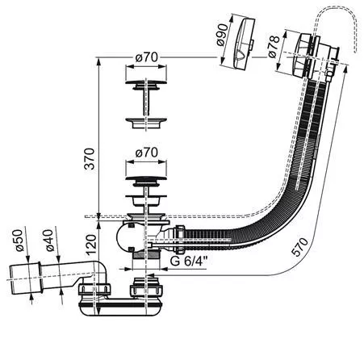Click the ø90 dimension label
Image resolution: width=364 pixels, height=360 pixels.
point(222,35)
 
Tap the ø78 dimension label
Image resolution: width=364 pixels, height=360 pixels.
point(274,47)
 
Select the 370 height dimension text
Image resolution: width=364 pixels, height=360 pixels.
point(90,158)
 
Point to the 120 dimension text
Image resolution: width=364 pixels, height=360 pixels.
point(90,245)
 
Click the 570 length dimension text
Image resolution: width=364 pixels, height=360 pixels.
point(299,246)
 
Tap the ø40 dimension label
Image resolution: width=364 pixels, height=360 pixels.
point(50,240)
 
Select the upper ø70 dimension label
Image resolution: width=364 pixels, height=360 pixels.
point(146,57)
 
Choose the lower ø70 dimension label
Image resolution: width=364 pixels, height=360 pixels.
point(146,153)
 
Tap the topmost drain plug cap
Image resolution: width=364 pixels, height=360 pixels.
point(145,82)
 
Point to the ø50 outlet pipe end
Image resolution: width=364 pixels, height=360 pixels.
point(25,279)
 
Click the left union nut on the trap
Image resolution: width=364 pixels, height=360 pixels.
point(94,290)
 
